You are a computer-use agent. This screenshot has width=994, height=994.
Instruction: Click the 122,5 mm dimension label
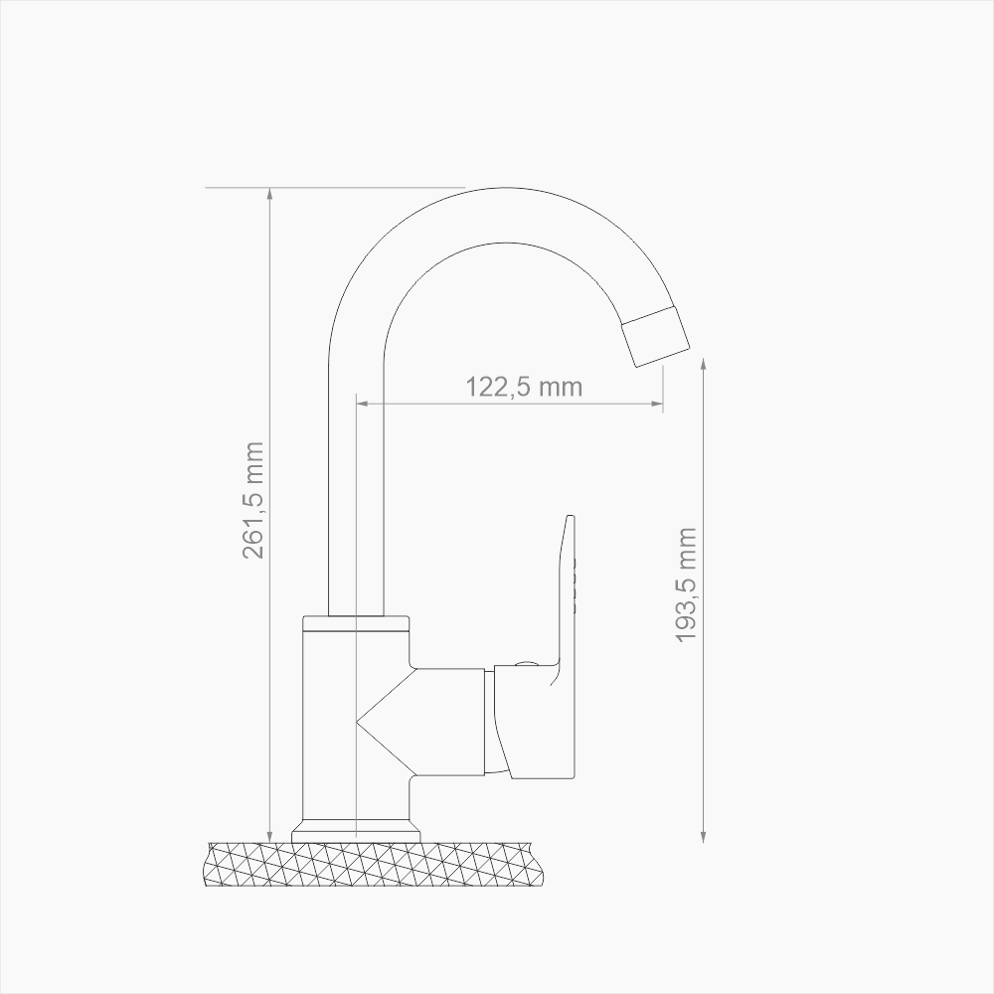click(524, 387)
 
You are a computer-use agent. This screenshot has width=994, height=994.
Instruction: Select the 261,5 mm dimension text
click(254, 499)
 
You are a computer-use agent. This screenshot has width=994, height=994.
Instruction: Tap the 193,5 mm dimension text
click(687, 584)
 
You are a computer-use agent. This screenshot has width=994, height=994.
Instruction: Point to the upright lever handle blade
click(566, 596)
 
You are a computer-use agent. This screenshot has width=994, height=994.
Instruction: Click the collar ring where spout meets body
click(356, 625)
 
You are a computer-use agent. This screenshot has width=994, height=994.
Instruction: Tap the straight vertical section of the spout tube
click(356, 477)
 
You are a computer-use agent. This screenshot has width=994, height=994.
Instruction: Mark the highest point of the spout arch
click(507, 189)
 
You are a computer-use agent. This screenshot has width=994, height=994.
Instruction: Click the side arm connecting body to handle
click(447, 721)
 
